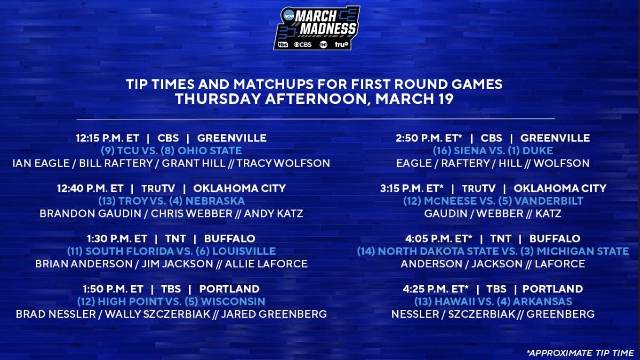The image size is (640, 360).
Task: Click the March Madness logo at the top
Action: coord(316,28)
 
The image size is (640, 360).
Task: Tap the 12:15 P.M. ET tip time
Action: coord(107,138)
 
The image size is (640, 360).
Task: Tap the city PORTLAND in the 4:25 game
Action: coord(552,289)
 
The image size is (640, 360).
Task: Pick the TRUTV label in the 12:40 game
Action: coord(157,189)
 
